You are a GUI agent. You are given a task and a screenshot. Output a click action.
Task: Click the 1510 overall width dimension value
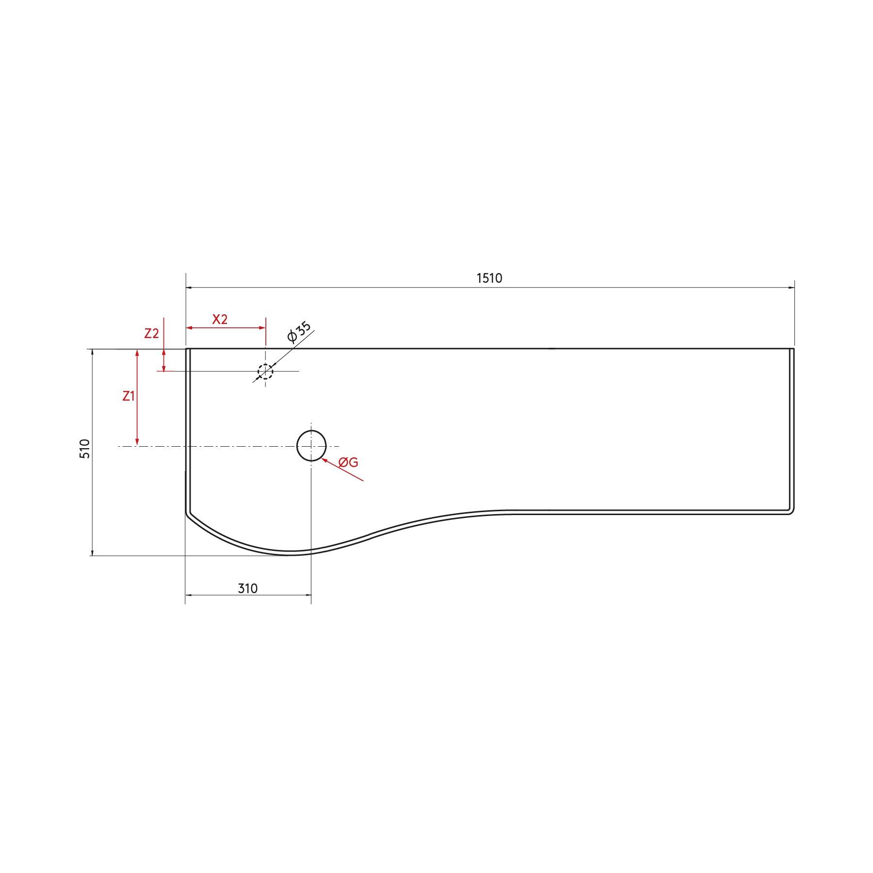click(489, 278)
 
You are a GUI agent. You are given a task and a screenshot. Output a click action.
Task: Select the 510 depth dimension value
click(85, 449)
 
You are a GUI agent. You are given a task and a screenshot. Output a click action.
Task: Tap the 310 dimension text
click(248, 588)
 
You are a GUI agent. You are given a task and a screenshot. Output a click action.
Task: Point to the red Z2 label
click(152, 334)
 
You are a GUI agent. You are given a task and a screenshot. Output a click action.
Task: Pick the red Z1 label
click(129, 396)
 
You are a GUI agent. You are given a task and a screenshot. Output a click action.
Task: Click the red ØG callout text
click(348, 462)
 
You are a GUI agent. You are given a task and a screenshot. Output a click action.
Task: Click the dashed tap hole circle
click(265, 372)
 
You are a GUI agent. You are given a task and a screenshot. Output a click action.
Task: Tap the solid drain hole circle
click(311, 445)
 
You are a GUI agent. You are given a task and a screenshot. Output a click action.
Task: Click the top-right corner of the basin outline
click(793, 349)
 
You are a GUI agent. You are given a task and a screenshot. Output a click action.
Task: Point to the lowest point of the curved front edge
click(289, 555)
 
